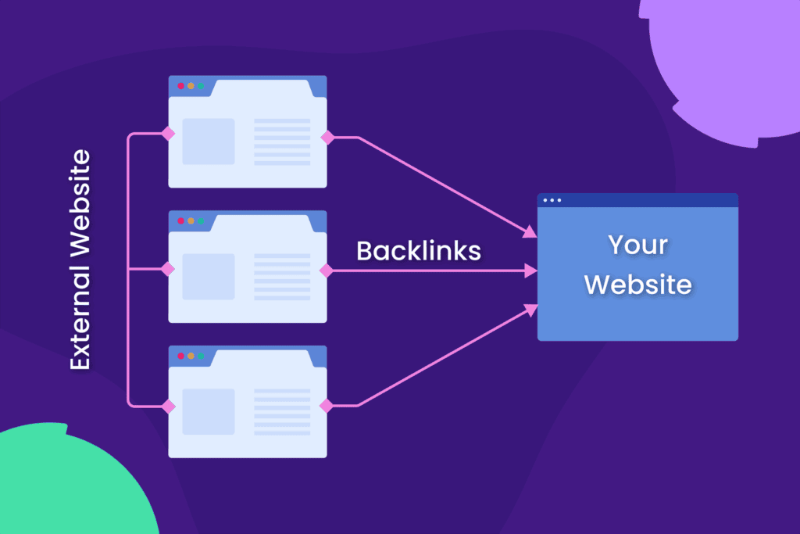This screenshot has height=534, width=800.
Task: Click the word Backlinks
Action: (418, 250)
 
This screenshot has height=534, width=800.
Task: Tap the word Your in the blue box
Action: (637, 245)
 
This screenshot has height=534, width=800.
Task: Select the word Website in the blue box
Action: (637, 284)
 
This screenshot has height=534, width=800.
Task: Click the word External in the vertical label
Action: (80, 324)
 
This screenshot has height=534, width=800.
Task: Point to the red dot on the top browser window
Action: (180, 86)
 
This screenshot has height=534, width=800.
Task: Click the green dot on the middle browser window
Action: (201, 221)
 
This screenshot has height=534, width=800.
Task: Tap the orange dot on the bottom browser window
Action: (191, 357)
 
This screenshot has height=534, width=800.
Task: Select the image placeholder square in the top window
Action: (209, 142)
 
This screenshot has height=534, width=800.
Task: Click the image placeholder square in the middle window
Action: (209, 277)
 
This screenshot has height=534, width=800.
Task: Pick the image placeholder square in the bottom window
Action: (209, 412)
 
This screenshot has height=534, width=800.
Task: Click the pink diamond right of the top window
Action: (327, 138)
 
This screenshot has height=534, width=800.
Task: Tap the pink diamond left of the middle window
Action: (167, 270)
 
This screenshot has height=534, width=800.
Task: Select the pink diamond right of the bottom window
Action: (327, 405)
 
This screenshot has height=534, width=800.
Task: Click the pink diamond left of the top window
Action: (167, 134)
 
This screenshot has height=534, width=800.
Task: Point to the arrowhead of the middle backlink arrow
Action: (531, 271)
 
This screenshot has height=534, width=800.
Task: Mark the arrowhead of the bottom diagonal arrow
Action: (530, 310)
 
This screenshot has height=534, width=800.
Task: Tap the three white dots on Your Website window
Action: (552, 200)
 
